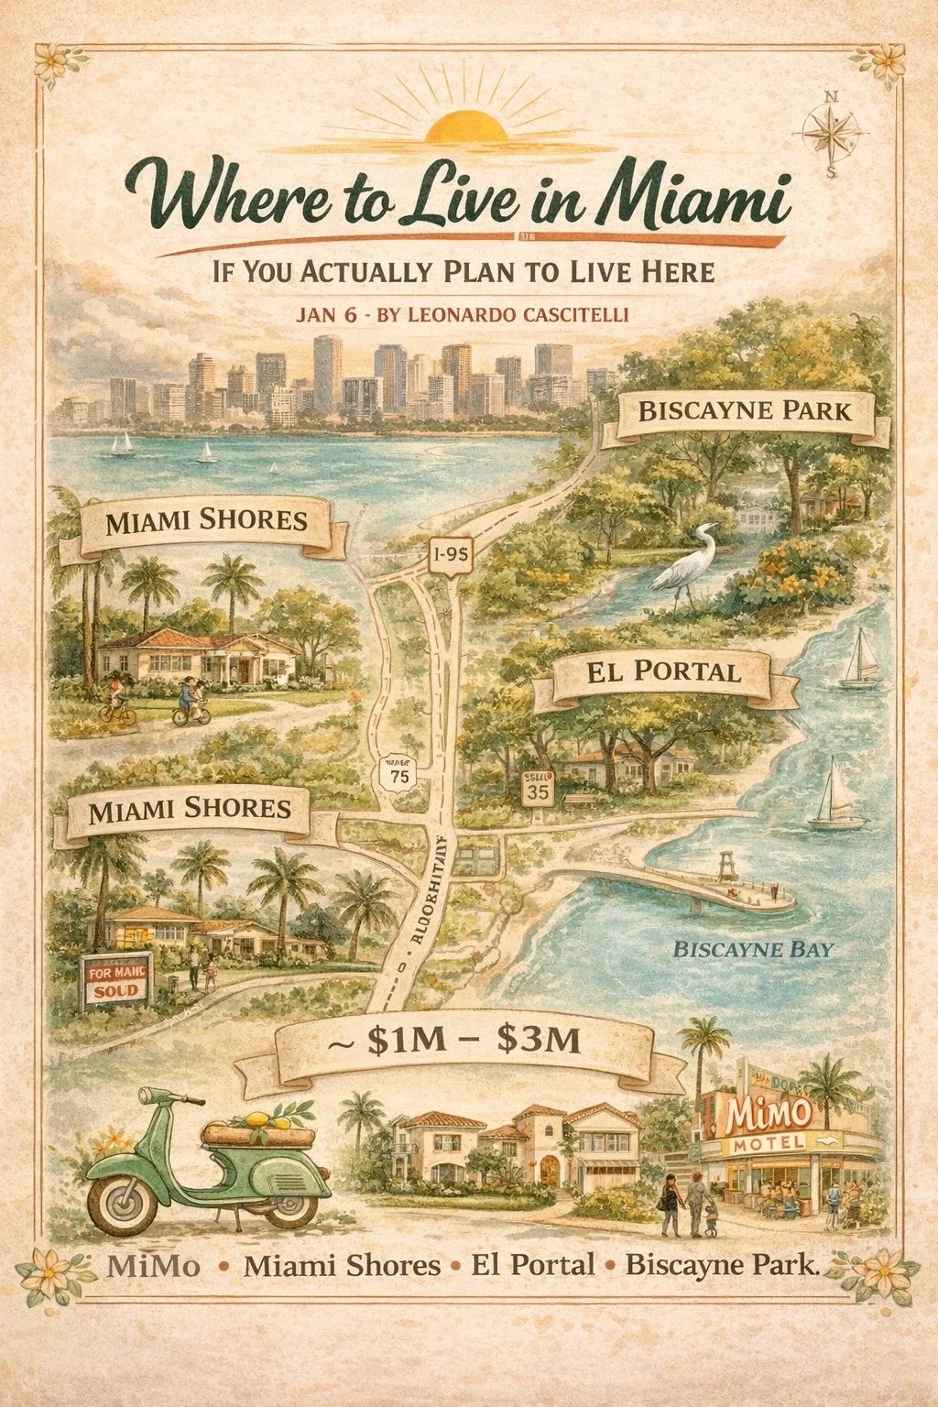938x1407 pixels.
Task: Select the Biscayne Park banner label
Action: pos(743,410)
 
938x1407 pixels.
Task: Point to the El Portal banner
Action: pos(662,672)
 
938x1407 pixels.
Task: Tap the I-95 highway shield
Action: pos(450,553)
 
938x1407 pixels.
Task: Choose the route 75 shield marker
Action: pos(398,773)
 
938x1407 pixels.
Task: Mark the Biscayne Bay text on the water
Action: pos(753,949)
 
